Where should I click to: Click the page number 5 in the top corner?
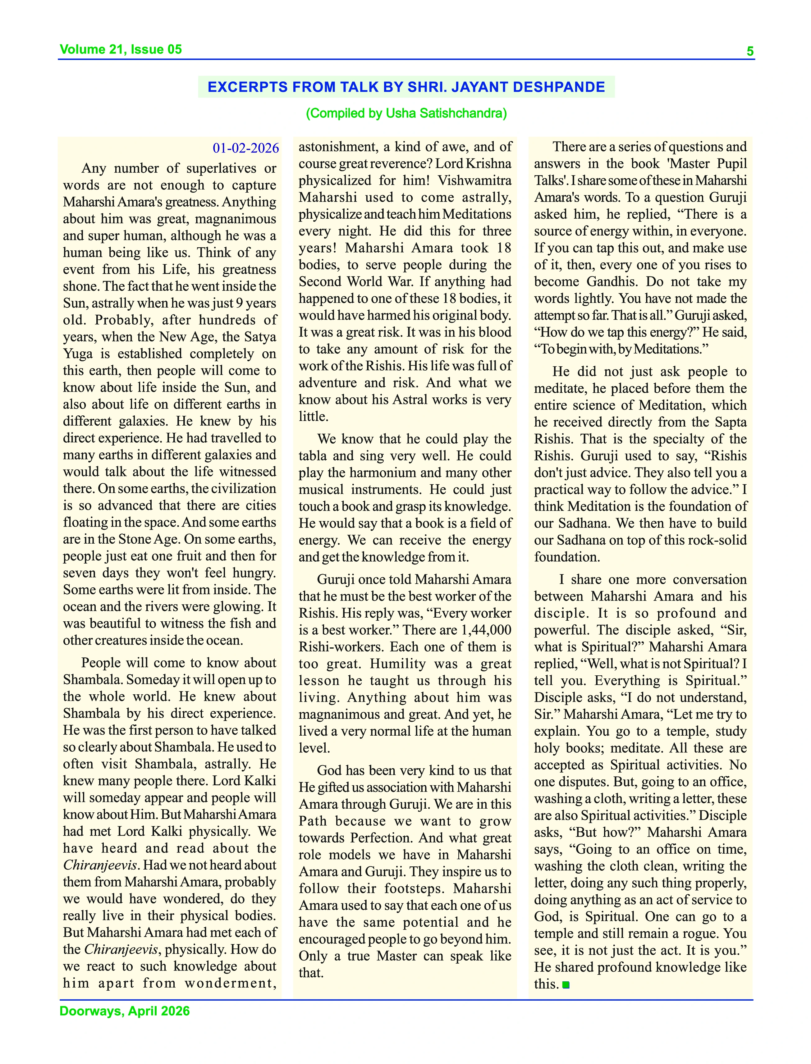tap(750, 51)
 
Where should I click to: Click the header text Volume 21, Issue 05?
tap(121, 49)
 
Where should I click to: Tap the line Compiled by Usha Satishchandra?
tap(406, 113)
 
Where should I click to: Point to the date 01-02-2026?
tap(246, 148)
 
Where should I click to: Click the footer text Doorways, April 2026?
tap(125, 1011)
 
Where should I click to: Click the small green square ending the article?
tap(566, 985)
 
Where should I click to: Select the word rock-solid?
tap(709, 541)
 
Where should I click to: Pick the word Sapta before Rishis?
tap(731, 422)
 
